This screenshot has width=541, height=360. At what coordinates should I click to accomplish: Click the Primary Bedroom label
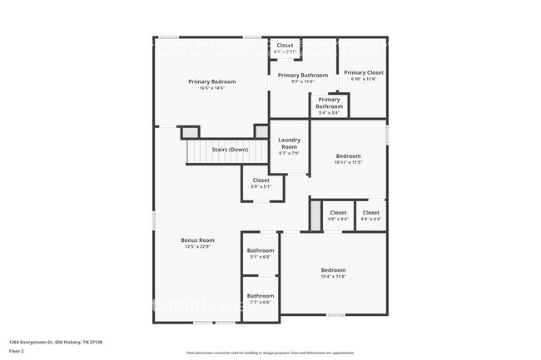tap(211, 81)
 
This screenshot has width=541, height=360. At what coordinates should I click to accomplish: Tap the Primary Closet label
tap(364, 72)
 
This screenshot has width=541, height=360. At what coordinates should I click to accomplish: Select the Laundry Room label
tap(289, 142)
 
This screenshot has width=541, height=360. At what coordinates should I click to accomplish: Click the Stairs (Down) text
tap(230, 150)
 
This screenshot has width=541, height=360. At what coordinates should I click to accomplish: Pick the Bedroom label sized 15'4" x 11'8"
tap(333, 270)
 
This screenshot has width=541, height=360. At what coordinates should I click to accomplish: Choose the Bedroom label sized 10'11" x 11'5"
tap(348, 156)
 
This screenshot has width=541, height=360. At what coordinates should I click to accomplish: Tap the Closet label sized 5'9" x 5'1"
tap(261, 180)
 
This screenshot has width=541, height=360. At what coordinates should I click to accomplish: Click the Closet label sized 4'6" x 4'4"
tap(338, 213)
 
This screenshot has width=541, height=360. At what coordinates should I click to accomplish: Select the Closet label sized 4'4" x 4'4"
tap(371, 213)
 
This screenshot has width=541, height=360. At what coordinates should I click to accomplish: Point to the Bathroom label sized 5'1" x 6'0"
tap(261, 250)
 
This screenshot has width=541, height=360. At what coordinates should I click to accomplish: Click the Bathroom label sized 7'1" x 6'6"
tap(261, 296)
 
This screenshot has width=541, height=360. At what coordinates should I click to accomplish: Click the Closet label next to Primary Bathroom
tap(285, 46)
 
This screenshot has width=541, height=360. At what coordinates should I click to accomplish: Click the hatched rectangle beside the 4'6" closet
tap(315, 216)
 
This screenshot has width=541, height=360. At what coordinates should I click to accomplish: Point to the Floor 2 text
tap(17, 351)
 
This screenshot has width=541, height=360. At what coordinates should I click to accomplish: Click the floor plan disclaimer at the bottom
tap(270, 353)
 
